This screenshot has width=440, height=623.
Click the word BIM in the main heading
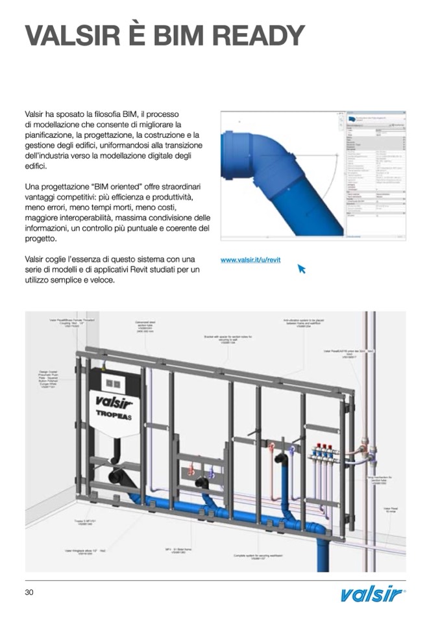coord(177,36)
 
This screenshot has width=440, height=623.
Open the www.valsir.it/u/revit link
coord(251,260)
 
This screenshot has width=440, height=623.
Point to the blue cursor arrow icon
coord(301,268)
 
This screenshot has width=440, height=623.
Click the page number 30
coord(29,592)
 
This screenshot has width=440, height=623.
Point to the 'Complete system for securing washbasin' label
coord(254,557)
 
